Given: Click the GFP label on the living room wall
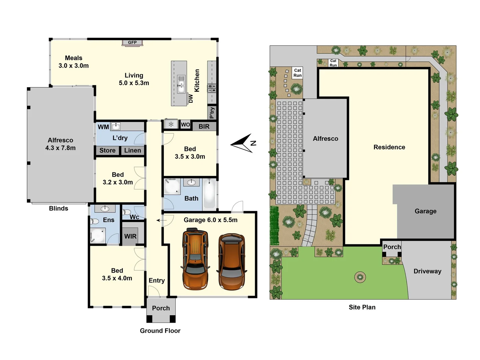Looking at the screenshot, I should [132, 42].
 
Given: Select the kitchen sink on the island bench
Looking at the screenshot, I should [181, 84].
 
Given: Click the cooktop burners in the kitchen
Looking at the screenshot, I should [212, 88].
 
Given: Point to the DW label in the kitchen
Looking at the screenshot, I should [191, 99].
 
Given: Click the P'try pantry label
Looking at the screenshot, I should [212, 113].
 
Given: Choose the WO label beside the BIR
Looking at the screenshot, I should [185, 125].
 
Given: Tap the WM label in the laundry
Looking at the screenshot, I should [103, 127].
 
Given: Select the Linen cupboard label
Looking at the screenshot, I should [133, 151].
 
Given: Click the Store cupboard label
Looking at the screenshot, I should [107, 151].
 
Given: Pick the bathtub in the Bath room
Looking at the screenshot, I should [210, 194].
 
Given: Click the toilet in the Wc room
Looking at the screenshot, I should [127, 212].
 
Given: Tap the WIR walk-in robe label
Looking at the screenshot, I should [130, 236].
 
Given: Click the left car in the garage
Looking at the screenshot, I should [196, 259].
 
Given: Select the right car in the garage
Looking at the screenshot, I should [232, 262].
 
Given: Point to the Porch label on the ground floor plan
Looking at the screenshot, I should [161, 308].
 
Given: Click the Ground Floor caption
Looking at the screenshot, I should [160, 331].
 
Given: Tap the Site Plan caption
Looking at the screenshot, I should [362, 307].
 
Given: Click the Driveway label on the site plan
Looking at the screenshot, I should [427, 271].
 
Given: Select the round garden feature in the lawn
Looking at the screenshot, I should [360, 277].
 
